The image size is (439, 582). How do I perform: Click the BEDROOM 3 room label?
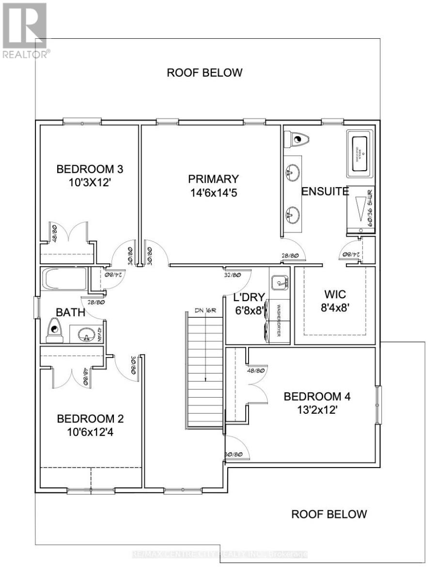(90, 170)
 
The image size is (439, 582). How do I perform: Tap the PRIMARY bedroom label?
(214, 179)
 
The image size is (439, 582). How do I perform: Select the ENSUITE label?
(325, 192)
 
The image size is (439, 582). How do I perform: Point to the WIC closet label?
(334, 294)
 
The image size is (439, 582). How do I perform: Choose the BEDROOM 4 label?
(317, 397)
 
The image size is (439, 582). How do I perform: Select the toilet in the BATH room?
(54, 331)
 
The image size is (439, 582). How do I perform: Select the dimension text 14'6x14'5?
(214, 193)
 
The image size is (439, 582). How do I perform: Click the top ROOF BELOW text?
(204, 73)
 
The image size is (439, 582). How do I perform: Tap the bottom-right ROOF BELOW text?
(329, 514)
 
